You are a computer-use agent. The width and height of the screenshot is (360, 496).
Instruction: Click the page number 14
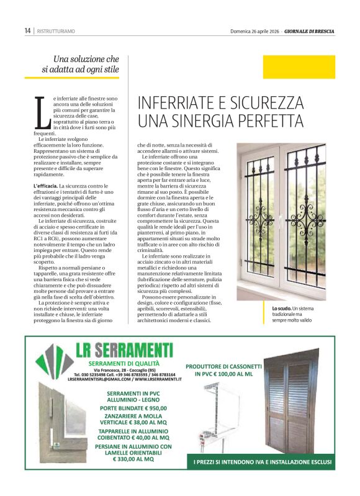coord(27,30)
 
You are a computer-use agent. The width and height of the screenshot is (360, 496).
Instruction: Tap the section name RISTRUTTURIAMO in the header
coord(56,30)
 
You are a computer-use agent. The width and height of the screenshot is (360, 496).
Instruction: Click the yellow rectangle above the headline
coord(299,67)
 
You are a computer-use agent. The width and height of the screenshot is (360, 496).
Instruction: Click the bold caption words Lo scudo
coord(281,309)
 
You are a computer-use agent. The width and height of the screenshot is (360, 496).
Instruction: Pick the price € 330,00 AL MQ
coord(132,460)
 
